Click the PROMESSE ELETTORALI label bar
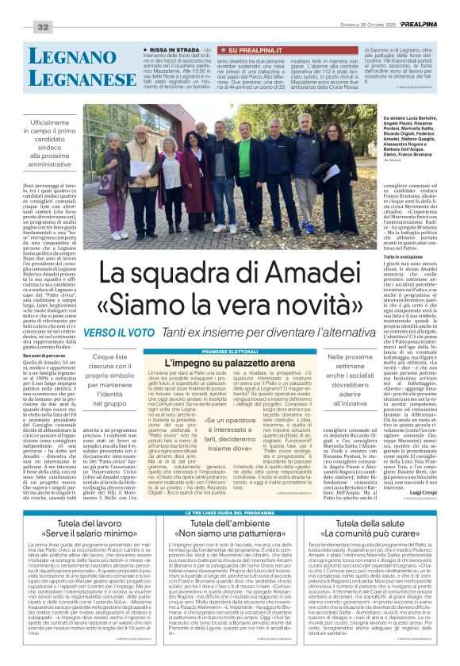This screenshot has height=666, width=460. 230,351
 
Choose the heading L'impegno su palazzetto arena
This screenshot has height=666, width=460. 230,361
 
